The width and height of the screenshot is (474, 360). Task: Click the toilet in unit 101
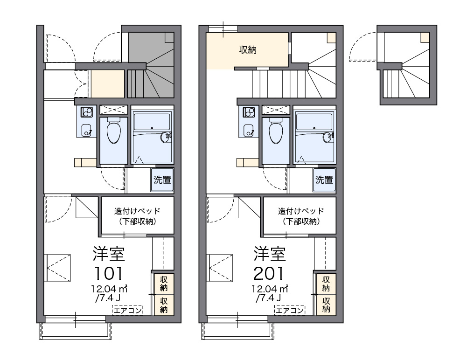(x=114, y=131)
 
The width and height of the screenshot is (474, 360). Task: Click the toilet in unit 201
(x=276, y=131)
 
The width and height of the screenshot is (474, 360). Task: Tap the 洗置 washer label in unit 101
(x=162, y=180)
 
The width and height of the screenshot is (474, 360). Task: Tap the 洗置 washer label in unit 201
(x=324, y=180)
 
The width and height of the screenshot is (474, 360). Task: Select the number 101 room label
(x=109, y=273)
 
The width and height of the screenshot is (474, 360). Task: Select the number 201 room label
(x=269, y=273)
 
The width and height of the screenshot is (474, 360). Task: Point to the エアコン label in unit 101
(x=127, y=310)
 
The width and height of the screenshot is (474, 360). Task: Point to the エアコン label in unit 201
(x=290, y=310)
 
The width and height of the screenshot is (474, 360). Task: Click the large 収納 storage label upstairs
(x=248, y=49)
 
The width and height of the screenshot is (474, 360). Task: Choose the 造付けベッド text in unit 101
(x=137, y=211)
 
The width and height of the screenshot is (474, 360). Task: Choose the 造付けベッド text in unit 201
(x=301, y=211)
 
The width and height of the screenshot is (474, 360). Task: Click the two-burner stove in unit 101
(x=87, y=112)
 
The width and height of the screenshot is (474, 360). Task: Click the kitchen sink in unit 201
(x=249, y=130)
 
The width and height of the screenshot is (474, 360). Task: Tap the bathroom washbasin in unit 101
(x=166, y=137)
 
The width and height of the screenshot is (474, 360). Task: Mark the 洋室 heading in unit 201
(x=270, y=254)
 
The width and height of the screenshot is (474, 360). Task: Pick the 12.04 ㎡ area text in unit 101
(x=110, y=289)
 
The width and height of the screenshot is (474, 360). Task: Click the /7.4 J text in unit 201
(x=268, y=298)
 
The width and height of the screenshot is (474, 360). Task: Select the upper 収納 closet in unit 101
(x=164, y=283)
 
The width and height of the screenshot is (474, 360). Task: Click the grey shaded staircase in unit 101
(x=151, y=65)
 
